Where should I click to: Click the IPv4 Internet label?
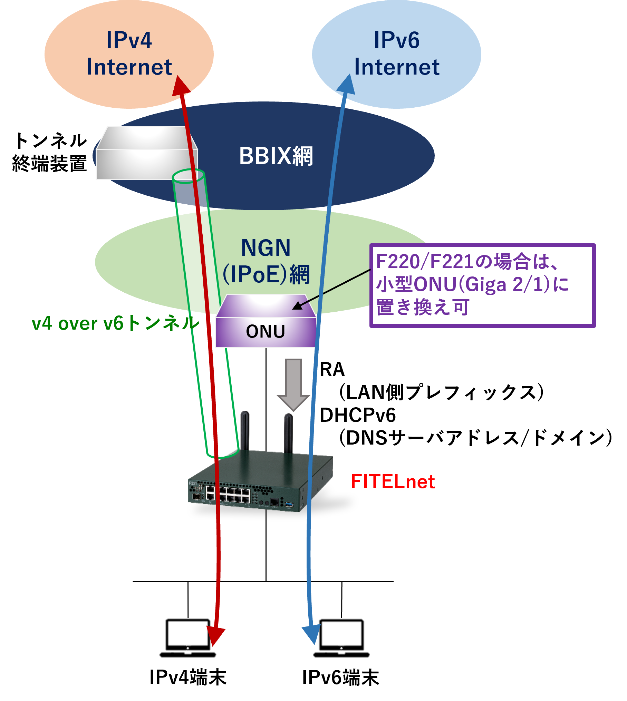coord(129,53)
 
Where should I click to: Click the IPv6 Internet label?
coord(397,53)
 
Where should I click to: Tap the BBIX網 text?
coord(276,156)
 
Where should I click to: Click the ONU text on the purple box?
coord(266,331)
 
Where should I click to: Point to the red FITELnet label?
coord(393,481)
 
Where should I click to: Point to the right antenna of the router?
coord(288,433)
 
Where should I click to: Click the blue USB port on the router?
coord(289,505)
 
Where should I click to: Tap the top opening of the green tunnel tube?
coord(188,176)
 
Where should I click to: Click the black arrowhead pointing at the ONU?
coord(298,305)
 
